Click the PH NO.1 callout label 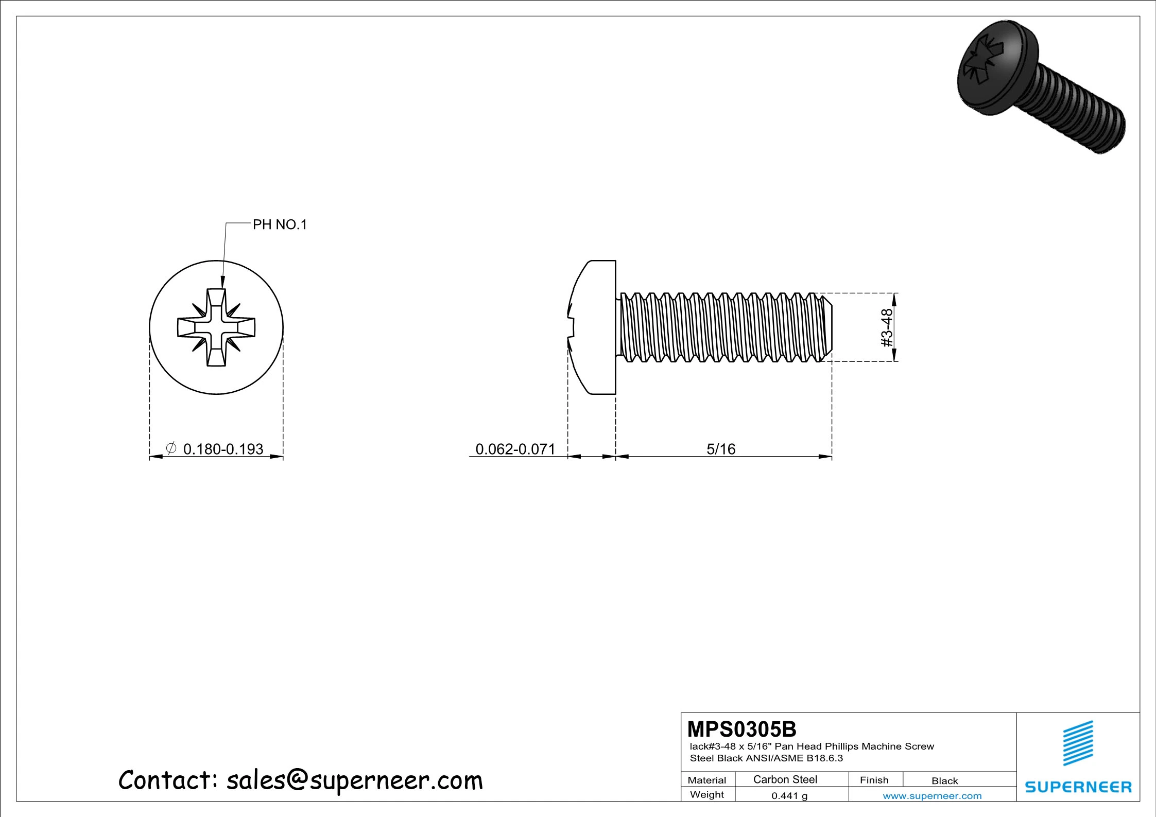(x=279, y=225)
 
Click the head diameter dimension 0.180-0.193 (x=223, y=449)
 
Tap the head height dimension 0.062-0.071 (x=515, y=449)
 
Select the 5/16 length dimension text (x=720, y=449)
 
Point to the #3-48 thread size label (x=887, y=327)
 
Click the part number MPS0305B (x=741, y=729)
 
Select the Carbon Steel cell (x=785, y=779)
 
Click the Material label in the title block (x=706, y=780)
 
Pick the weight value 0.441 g (x=789, y=795)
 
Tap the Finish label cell (x=874, y=780)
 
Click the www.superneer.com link (x=932, y=795)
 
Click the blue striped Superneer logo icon (x=1078, y=743)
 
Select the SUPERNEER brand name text (x=1078, y=787)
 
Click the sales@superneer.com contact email (x=354, y=780)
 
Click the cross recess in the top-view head (x=216, y=327)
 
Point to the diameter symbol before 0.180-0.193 (x=171, y=448)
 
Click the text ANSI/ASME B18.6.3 (x=794, y=758)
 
